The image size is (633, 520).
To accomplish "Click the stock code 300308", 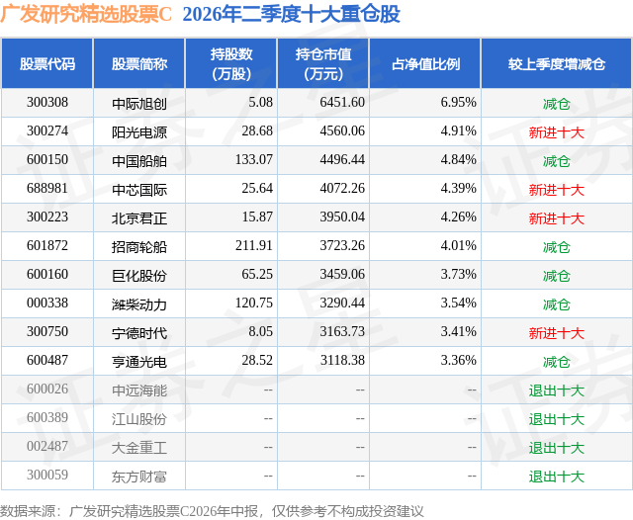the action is [x=47, y=103].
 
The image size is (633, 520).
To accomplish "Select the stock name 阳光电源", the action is [x=139, y=131].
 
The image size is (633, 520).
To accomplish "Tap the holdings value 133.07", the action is [x=254, y=160].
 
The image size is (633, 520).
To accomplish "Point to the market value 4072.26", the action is [x=342, y=189].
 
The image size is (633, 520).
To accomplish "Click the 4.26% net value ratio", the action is [x=458, y=217].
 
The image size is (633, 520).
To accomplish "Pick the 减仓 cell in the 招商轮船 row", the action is [x=556, y=247].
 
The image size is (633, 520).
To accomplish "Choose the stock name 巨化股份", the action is [x=139, y=276].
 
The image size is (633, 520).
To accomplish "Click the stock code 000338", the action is [x=47, y=303].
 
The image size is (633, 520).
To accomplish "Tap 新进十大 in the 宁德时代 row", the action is [x=556, y=333].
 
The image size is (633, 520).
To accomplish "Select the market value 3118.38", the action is [x=342, y=360].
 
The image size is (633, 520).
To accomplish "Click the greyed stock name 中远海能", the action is [x=139, y=390].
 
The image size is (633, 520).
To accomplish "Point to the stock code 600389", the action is [x=47, y=417].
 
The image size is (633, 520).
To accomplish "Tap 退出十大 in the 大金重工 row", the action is [x=556, y=448].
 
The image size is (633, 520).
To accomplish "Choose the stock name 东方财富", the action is [x=139, y=477].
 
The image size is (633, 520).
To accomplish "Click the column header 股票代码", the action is [x=47, y=63].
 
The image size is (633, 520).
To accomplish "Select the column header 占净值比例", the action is [x=425, y=63].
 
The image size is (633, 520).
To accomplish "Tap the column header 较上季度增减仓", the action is [x=556, y=63].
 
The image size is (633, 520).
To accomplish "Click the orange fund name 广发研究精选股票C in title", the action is [x=86, y=14].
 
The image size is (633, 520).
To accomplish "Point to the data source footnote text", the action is [x=212, y=511].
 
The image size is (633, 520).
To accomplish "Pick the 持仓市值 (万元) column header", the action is [x=323, y=63].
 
